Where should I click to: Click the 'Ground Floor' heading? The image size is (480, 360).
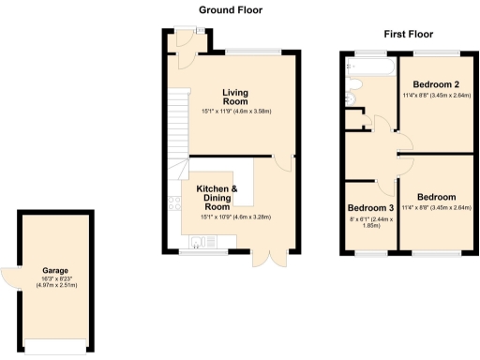point(231,10)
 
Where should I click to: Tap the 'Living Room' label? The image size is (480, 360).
point(235,97)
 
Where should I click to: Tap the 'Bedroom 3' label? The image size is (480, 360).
point(371,207)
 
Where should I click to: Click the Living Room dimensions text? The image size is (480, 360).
point(235,112)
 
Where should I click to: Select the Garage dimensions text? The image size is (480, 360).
point(55,282)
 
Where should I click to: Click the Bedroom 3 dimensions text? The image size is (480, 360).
point(371,222)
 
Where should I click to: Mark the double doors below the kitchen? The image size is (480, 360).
point(268,260)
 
